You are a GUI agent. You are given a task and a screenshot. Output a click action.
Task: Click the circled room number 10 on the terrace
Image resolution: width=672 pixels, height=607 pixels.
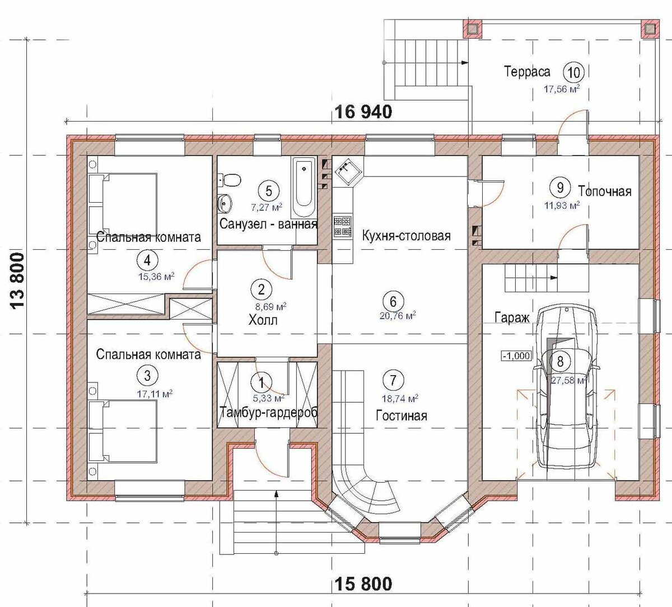[x=574, y=72]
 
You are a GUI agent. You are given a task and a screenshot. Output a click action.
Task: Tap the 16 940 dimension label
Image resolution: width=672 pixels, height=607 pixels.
[x=363, y=112]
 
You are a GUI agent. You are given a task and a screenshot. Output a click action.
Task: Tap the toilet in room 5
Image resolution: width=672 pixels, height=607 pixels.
[x=230, y=181]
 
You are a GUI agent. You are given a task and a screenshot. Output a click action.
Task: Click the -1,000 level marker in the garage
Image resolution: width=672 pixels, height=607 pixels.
[x=516, y=356]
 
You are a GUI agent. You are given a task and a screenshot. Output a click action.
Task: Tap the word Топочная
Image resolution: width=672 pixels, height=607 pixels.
[x=605, y=192]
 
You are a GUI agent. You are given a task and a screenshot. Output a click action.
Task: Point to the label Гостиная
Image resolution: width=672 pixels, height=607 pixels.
[x=402, y=415]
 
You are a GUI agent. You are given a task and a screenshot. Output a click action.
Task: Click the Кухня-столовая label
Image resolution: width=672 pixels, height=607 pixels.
[x=407, y=236]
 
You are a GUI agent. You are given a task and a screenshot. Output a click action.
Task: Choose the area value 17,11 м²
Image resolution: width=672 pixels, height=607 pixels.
[x=155, y=394]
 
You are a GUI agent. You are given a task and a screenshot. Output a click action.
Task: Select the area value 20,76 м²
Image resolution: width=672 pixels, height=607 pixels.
[x=398, y=316]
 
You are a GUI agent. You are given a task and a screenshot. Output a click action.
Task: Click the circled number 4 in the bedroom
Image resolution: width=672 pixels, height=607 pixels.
[x=147, y=260]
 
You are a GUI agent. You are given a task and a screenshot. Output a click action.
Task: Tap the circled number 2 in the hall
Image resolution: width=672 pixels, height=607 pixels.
[x=261, y=290]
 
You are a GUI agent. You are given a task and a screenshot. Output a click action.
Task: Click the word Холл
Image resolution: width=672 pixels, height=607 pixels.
[x=263, y=320]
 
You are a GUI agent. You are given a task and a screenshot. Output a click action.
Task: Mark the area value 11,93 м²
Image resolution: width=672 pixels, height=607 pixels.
[x=562, y=205]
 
